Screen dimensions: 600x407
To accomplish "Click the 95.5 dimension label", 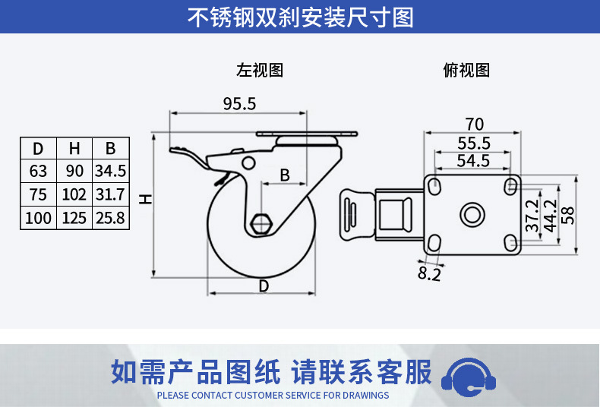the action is click(239, 104).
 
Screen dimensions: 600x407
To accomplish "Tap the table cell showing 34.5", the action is click(111, 171).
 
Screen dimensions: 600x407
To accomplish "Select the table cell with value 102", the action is click(74, 194).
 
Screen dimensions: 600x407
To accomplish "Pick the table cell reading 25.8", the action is click(111, 218).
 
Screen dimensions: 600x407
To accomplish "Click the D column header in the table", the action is click(38, 148).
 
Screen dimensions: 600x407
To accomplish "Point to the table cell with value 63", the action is click(38, 171).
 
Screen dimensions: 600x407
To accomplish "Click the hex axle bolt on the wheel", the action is click(261, 223).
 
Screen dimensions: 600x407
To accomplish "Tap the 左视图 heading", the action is click(260, 71).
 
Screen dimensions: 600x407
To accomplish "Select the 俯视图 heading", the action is click(466, 71).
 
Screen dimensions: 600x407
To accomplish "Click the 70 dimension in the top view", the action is click(475, 125).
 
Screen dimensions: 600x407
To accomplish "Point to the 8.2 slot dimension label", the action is click(429, 273).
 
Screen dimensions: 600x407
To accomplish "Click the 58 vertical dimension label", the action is click(568, 216).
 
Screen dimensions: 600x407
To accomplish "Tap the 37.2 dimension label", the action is click(532, 216).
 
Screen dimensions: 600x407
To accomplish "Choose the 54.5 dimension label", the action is click(473, 161).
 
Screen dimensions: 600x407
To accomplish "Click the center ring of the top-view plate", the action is click(472, 214).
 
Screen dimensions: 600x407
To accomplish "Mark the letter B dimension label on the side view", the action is click(285, 175).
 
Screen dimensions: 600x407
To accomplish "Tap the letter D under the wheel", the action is click(264, 286).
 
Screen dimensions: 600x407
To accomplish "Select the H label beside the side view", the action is click(146, 199).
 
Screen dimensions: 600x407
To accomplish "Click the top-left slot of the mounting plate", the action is click(434, 185).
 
